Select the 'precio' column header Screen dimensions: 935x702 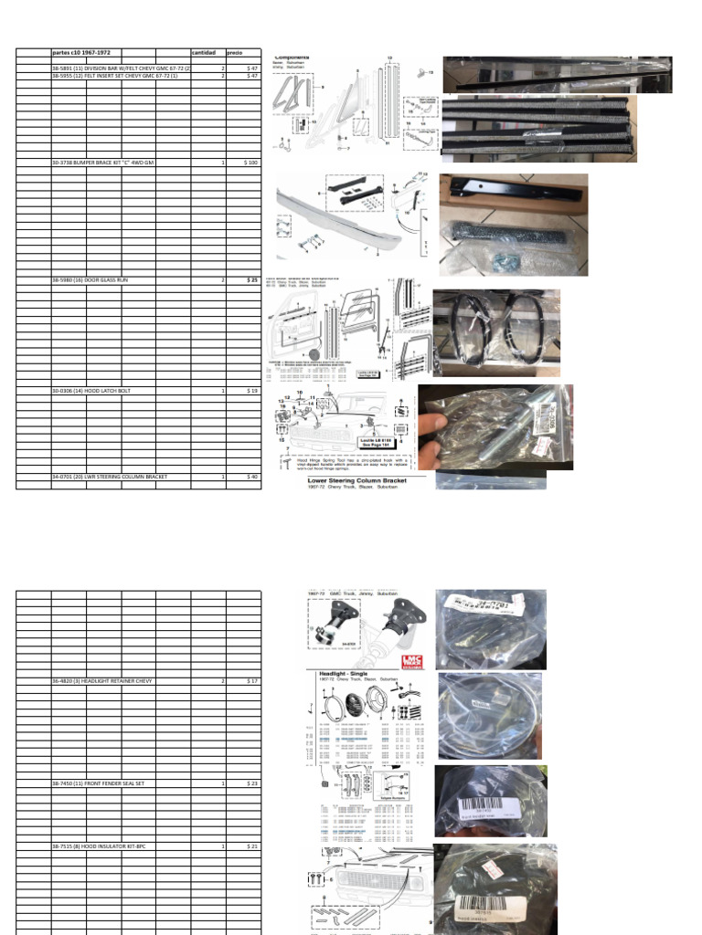pos(236,53)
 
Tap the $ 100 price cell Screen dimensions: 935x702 pos(250,162)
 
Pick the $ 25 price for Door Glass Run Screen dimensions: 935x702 pos(252,280)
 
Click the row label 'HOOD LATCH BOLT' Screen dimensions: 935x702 pos(91,390)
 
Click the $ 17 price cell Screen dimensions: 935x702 pos(252,681)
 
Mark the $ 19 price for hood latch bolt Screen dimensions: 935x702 pos(252,390)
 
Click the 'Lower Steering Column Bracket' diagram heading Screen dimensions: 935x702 pos(361,478)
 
